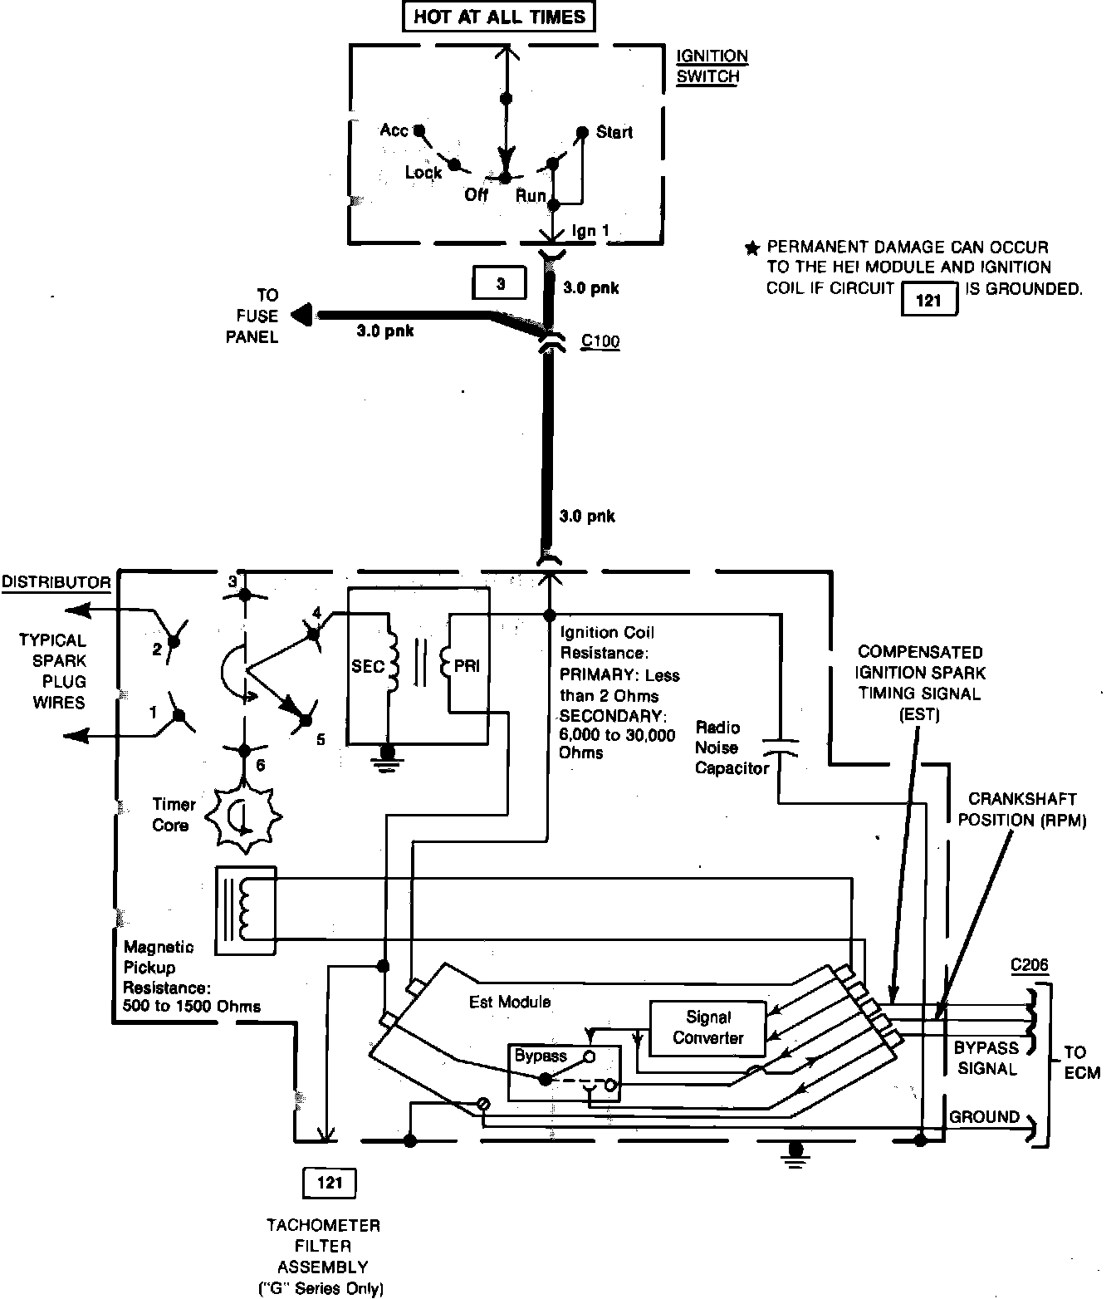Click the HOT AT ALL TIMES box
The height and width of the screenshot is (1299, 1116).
pyautogui.click(x=499, y=17)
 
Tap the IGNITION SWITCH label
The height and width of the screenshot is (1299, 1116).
pyautogui.click(x=712, y=66)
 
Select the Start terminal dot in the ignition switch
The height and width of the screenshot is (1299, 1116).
pyautogui.click(x=583, y=132)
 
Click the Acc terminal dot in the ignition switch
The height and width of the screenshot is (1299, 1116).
pyautogui.click(x=419, y=130)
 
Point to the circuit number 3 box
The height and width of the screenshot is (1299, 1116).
pyautogui.click(x=500, y=282)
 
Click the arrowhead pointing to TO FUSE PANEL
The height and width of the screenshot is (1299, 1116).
pyautogui.click(x=301, y=314)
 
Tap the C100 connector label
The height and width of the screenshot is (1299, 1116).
pyautogui.click(x=600, y=341)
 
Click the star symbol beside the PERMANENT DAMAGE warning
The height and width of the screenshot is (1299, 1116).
pyautogui.click(x=752, y=248)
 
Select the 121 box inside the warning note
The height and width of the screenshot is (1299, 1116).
pyautogui.click(x=929, y=299)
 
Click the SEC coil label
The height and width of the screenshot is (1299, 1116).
pyautogui.click(x=368, y=666)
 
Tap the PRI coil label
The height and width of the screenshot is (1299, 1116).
pyautogui.click(x=467, y=665)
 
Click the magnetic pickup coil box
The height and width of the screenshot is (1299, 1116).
pyautogui.click(x=246, y=910)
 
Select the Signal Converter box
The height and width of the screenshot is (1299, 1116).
pyautogui.click(x=707, y=1029)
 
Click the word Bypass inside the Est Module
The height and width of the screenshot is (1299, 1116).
pyautogui.click(x=541, y=1055)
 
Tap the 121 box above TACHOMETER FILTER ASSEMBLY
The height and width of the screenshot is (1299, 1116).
pyautogui.click(x=330, y=1184)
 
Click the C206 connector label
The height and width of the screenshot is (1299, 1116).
pyautogui.click(x=1030, y=965)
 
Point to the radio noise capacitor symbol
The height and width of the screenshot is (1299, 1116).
pyautogui.click(x=780, y=748)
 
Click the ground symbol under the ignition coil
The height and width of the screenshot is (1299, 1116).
pyautogui.click(x=387, y=758)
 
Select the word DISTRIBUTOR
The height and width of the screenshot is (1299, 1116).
pyautogui.click(x=56, y=582)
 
